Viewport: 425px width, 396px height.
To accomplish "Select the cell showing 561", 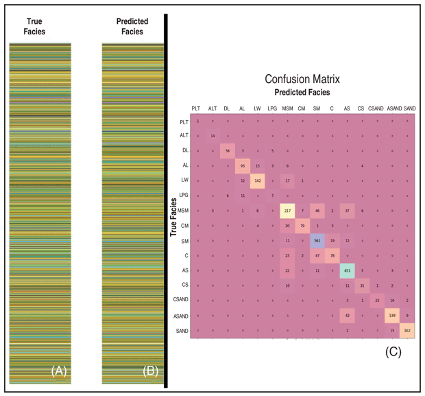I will [x=316, y=241].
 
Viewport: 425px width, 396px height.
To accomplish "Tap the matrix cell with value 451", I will [x=347, y=271].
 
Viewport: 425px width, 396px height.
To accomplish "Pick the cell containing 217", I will [x=287, y=211].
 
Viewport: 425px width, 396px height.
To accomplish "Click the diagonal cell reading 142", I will [x=258, y=181].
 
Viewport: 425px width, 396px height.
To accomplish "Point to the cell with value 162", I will [x=409, y=331].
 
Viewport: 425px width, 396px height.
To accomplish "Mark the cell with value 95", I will [x=242, y=166].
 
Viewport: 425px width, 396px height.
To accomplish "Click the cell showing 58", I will [x=227, y=151].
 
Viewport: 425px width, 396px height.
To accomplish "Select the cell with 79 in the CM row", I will [x=302, y=226].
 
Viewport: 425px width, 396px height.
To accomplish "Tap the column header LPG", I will [x=272, y=108].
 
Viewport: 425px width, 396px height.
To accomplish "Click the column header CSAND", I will [x=376, y=108].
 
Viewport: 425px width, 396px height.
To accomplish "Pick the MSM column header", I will [x=287, y=108].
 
